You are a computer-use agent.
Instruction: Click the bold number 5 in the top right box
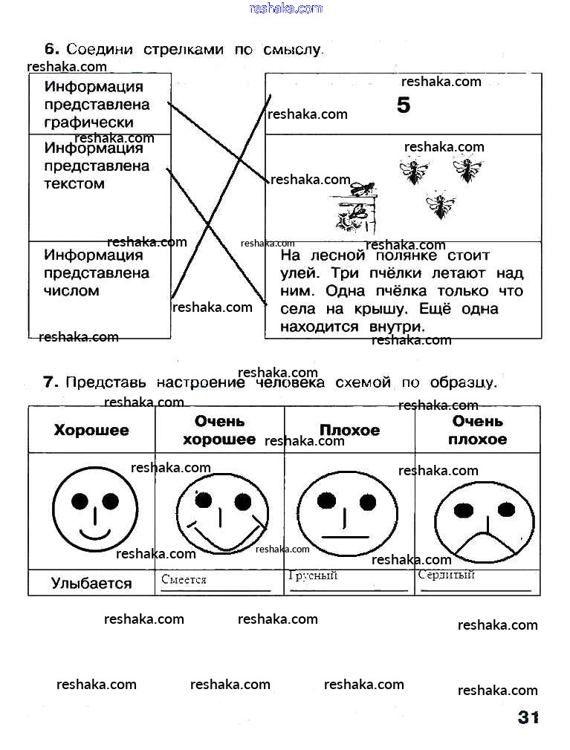(403, 105)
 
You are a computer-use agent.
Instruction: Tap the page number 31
(528, 717)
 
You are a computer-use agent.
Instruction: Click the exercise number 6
(51, 49)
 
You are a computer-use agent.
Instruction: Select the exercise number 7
(51, 382)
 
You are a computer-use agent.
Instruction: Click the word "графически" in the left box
(88, 123)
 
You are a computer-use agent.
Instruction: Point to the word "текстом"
(74, 183)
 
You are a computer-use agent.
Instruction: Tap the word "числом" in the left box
(71, 291)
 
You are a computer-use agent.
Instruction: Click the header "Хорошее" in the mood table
(91, 430)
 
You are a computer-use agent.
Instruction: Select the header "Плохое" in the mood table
(349, 430)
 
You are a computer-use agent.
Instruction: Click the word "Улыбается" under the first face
(91, 583)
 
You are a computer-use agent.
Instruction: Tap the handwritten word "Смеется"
(184, 580)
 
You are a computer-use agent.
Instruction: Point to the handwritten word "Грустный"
(313, 575)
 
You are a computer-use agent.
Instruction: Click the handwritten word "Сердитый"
(446, 575)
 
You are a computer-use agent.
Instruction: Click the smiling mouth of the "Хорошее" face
(95, 534)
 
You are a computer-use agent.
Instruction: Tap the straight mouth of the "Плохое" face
(346, 536)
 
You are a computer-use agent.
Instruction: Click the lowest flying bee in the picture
(440, 204)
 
